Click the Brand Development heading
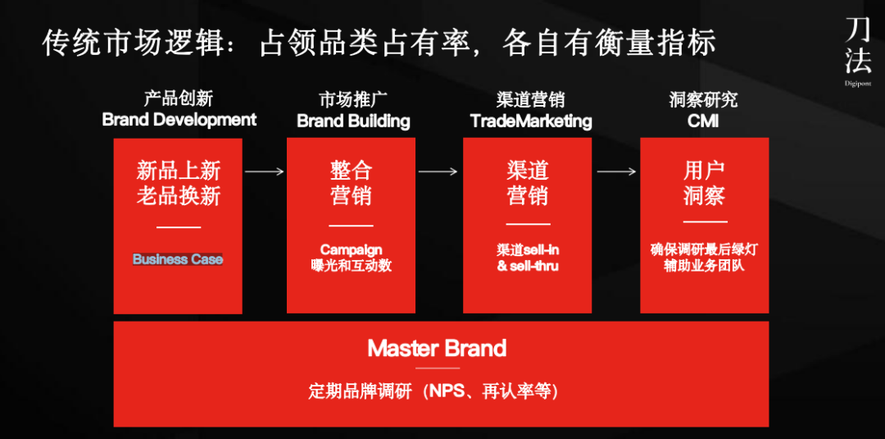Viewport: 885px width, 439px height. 179,120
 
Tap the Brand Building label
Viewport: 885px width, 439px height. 353,121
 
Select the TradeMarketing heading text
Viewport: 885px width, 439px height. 531,121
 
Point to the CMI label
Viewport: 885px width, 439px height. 703,121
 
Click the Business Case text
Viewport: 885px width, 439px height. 178,259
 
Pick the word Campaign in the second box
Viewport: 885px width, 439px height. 351,250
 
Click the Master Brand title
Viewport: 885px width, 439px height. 437,348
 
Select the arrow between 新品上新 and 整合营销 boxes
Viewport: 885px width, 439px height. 264,171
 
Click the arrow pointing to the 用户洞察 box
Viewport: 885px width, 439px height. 616,171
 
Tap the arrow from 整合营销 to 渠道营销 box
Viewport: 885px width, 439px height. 438,171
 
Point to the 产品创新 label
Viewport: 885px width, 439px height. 179,98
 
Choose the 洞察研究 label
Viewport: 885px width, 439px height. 703,99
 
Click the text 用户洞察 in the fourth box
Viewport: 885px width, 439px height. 704,184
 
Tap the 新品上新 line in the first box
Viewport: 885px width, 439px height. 179,170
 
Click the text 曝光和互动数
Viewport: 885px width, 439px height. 351,266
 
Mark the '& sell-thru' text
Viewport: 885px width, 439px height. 528,266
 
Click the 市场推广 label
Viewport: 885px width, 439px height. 353,100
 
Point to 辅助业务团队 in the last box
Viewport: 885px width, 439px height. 704,266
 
